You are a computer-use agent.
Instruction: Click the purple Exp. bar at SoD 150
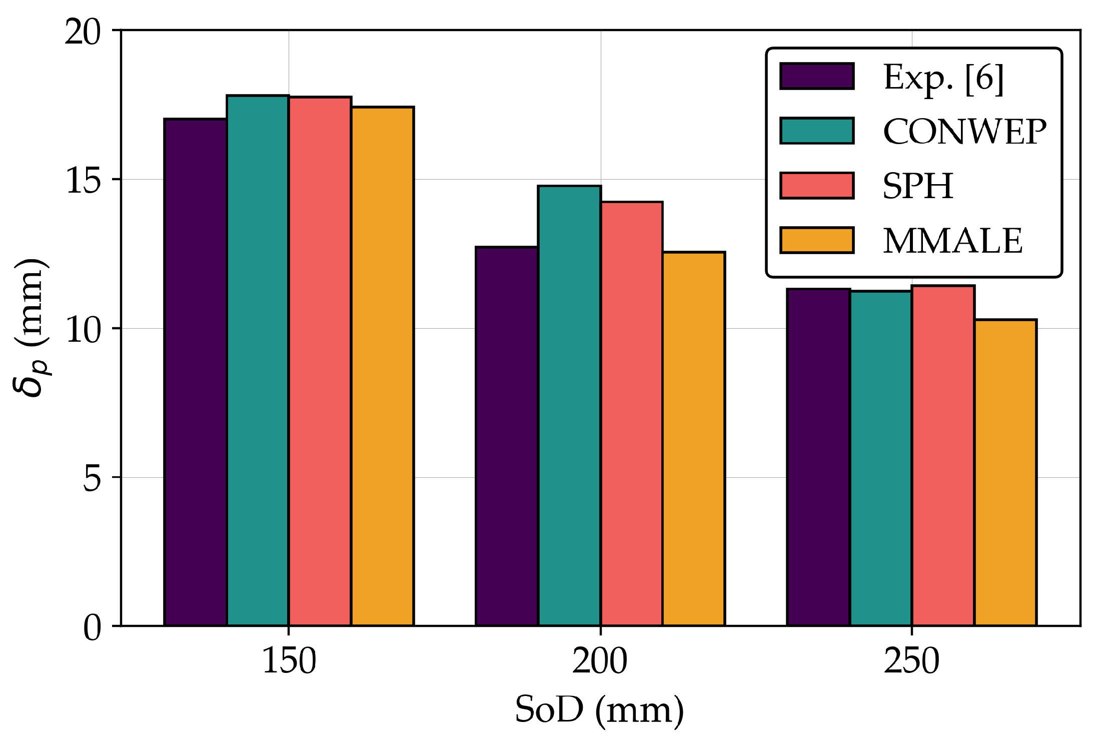[x=196, y=372]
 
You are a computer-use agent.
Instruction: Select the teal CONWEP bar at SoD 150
[x=258, y=360]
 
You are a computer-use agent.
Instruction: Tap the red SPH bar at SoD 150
[x=320, y=361]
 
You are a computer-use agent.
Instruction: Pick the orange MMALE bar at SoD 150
[x=382, y=366]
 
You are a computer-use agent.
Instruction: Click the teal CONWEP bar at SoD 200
[x=569, y=406]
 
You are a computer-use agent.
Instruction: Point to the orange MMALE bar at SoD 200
[x=694, y=439]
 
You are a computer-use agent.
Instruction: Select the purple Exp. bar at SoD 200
[x=507, y=436]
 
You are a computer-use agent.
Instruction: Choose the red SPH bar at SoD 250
[x=943, y=456]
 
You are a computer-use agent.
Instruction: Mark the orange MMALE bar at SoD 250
[x=1005, y=472]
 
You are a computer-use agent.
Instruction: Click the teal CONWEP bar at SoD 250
[x=880, y=458]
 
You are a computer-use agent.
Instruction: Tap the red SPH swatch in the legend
[x=817, y=186]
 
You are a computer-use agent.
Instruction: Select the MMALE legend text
[x=952, y=241]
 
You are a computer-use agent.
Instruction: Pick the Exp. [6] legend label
[x=943, y=78]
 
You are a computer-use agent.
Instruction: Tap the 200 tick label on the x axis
[x=600, y=661]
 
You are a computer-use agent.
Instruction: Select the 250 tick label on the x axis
[x=911, y=661]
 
